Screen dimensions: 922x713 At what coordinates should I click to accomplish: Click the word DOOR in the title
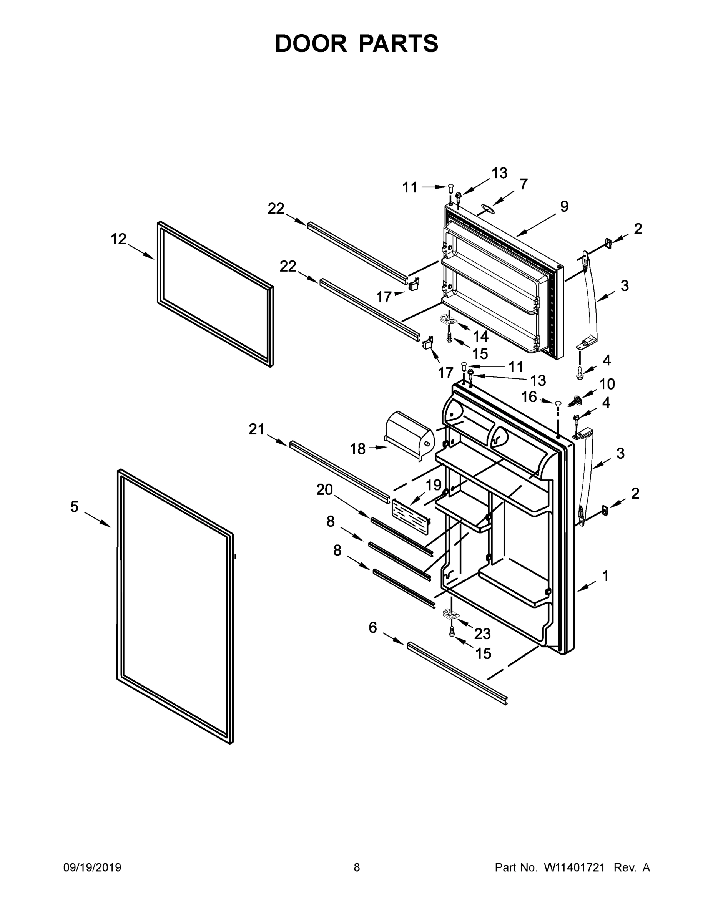point(311,44)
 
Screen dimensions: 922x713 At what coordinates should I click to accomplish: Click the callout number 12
point(119,239)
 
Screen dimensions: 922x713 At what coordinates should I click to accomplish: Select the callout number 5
point(74,507)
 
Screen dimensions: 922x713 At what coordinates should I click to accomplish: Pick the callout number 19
point(434,486)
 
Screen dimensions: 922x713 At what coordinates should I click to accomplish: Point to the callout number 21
point(256,429)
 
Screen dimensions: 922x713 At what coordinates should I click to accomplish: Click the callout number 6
point(372,628)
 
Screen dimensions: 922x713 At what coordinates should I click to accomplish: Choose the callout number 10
point(607,384)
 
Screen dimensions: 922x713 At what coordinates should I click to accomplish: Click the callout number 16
point(529,397)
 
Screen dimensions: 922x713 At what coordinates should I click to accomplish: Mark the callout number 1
point(605,576)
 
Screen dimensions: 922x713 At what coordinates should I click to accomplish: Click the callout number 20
point(325,490)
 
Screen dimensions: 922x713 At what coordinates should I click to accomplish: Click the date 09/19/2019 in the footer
point(92,867)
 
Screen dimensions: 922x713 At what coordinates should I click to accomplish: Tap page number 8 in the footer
point(357,867)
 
